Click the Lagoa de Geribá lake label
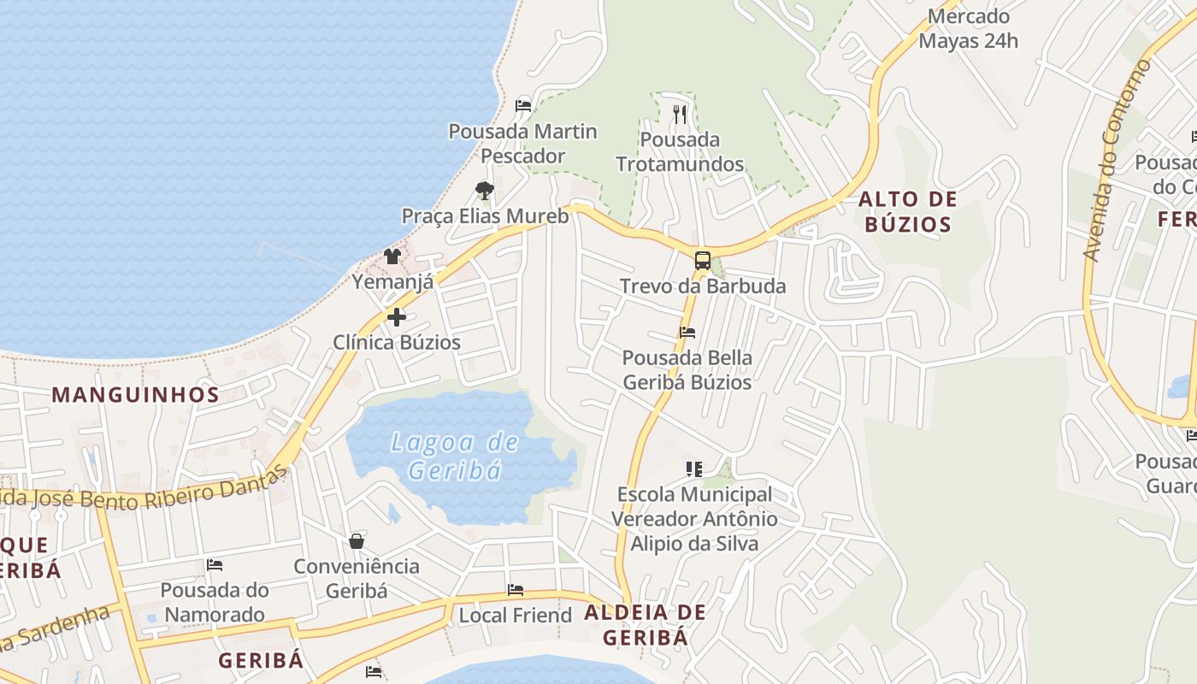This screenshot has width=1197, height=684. coord(454,456)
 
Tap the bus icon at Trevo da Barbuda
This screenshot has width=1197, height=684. coord(702,261)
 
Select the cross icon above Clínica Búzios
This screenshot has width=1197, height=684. coord(397,317)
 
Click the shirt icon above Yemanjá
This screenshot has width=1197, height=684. coord(392,256)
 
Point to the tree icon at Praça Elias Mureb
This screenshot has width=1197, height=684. coord(485,190)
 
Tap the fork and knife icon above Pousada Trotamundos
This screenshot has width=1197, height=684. coord(680,114)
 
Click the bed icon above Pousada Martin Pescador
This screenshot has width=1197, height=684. coord(523,106)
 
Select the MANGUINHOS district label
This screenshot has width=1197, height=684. coord(136,394)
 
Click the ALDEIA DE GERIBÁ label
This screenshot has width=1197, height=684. coord(646,624)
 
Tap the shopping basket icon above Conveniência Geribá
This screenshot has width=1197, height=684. coord(357,540)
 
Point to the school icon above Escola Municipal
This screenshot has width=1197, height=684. coord(694,469)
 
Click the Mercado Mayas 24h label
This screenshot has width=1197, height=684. coord(968,28)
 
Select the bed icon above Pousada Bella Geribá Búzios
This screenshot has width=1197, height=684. coord(687,332)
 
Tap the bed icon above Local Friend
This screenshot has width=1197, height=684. coord(515,590)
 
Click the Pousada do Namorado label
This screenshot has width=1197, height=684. coord(215,602)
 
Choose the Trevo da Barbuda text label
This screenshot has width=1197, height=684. coord(702,286)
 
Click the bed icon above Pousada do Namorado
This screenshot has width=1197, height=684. coord(215,565)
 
